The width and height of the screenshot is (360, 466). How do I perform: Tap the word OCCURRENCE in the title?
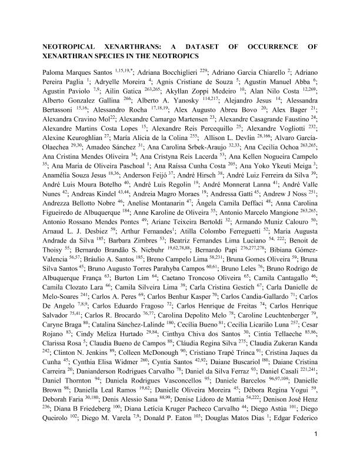pyautogui.click(x=278, y=46)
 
